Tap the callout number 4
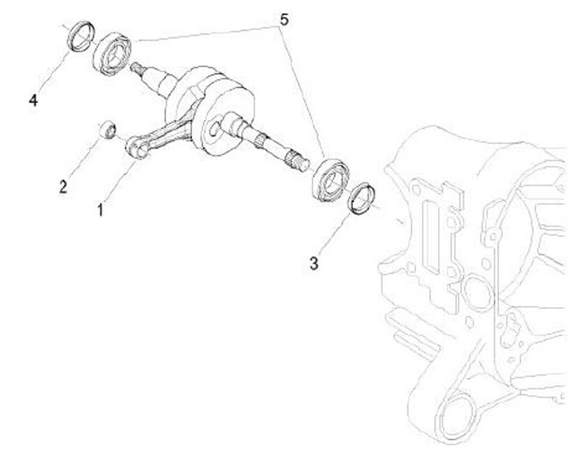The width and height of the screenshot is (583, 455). (x=33, y=101)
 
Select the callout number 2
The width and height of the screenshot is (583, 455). (x=63, y=187)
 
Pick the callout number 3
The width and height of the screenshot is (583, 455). (x=314, y=263)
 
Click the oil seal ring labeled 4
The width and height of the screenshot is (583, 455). (x=79, y=37)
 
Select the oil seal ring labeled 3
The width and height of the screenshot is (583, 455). (x=363, y=199)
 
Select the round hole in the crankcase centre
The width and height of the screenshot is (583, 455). (x=473, y=292)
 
